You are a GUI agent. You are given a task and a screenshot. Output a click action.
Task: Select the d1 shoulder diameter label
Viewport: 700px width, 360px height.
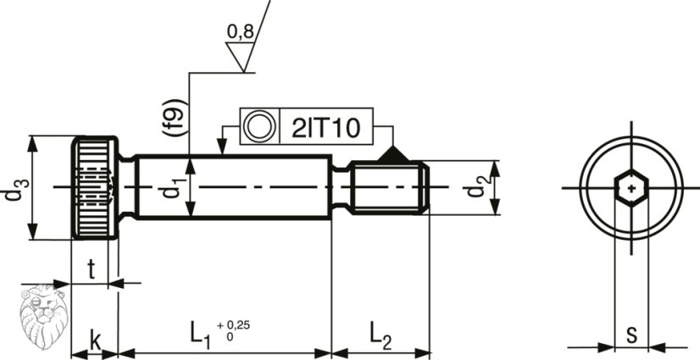point(170,186)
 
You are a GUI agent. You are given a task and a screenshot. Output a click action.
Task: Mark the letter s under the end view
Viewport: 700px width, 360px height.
point(631,335)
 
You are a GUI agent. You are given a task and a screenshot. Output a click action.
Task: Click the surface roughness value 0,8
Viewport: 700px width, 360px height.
point(240,32)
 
